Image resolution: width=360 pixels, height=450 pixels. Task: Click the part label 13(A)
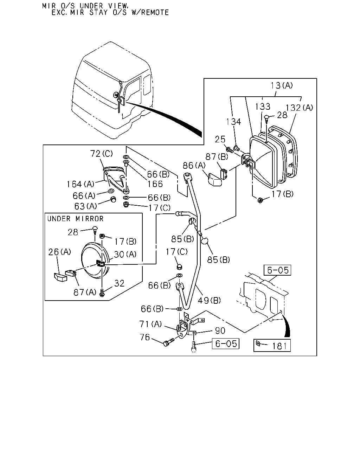(x=282, y=85)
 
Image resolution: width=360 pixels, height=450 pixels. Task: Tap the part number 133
(x=263, y=107)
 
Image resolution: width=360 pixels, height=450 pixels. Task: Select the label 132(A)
(x=299, y=108)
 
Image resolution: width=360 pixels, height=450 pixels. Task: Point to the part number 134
(x=234, y=122)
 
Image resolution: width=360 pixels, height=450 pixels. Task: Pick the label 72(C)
(x=102, y=154)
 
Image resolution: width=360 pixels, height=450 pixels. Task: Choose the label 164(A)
(x=81, y=184)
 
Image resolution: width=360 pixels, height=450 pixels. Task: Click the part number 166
(x=155, y=184)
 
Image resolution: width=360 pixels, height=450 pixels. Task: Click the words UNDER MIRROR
(x=75, y=219)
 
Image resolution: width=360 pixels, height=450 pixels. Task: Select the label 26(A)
(x=60, y=252)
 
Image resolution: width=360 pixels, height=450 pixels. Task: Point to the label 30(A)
(x=125, y=254)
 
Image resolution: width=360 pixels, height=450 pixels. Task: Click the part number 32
(x=119, y=283)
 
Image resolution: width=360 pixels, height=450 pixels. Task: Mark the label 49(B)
(x=210, y=301)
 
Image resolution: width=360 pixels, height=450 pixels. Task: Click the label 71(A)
(x=150, y=324)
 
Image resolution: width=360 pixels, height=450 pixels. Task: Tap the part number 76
(x=145, y=337)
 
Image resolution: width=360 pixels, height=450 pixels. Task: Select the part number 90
(x=220, y=331)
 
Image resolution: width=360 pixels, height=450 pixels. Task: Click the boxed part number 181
(x=279, y=346)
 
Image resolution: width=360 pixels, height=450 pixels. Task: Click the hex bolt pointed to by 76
(x=169, y=342)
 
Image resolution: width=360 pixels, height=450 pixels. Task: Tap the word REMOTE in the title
(x=155, y=13)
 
